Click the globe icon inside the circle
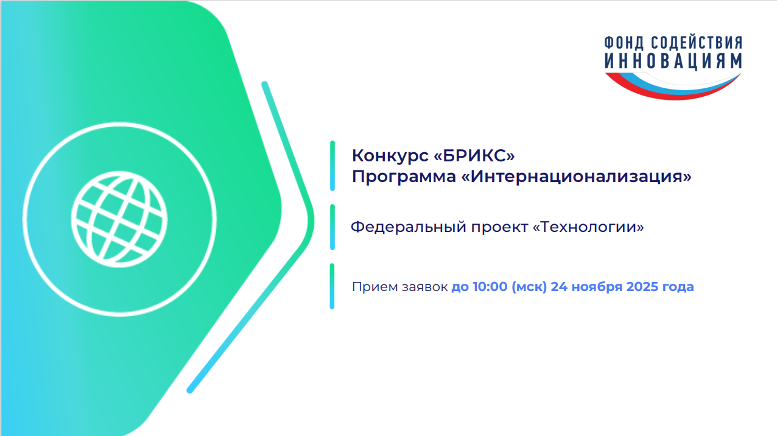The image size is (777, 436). tap(119, 219)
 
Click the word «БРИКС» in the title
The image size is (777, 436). tap(474, 156)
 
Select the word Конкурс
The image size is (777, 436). tap(390, 156)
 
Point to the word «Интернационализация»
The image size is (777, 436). tap(576, 176)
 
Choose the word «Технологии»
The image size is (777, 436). tap(588, 227)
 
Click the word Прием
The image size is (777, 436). tap(374, 287)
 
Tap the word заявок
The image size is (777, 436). tap(424, 287)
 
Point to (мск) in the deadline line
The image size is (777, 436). tap(529, 287)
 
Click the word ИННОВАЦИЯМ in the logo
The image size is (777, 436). tap(673, 61)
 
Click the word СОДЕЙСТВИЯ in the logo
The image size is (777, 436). tap(696, 42)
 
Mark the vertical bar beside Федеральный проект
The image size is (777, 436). tap(332, 227)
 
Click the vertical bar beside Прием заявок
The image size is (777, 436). tap(332, 286)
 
